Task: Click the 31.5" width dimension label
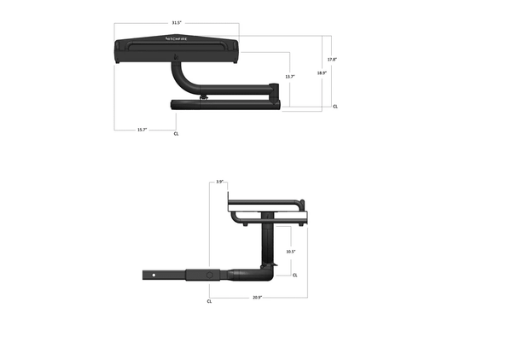click(x=176, y=23)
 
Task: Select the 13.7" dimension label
click(x=290, y=77)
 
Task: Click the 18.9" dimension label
click(x=322, y=73)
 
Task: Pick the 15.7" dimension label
click(x=143, y=130)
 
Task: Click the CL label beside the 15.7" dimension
click(x=176, y=134)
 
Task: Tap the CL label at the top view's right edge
click(x=335, y=107)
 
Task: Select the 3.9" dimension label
click(x=219, y=182)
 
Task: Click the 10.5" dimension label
click(x=290, y=252)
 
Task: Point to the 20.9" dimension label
click(x=257, y=297)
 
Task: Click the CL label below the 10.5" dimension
click(x=295, y=276)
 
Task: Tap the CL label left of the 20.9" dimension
click(x=210, y=301)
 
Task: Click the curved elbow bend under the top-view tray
click(x=182, y=79)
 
